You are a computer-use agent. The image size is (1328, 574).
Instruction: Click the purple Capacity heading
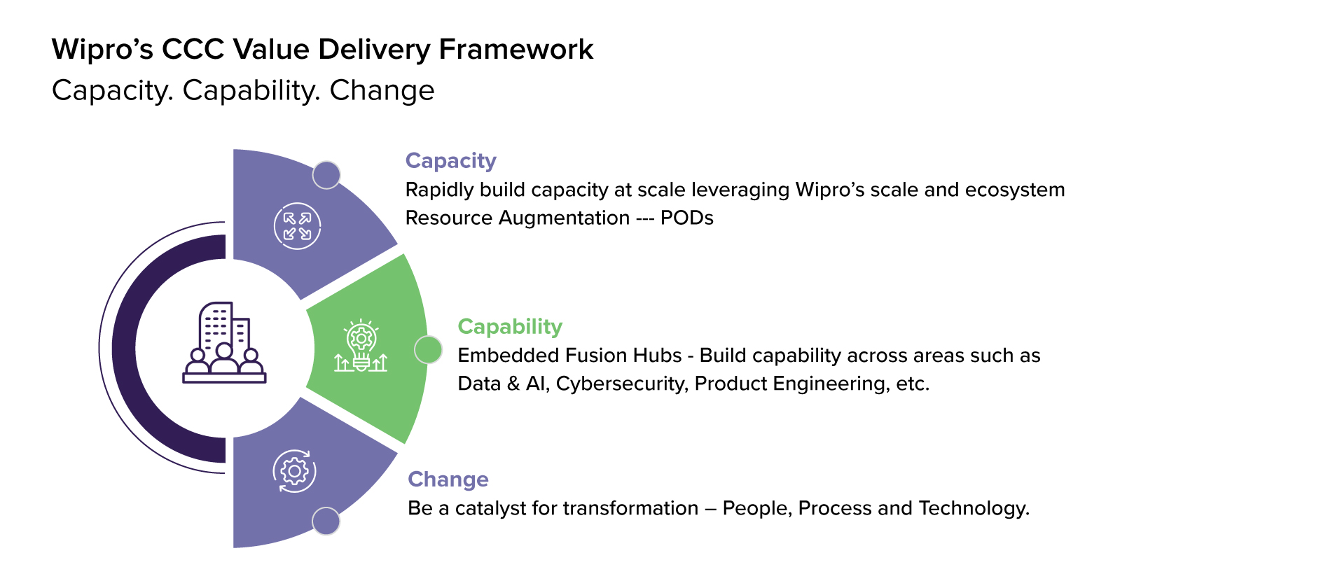point(451,161)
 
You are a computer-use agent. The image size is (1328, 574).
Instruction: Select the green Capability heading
point(510,327)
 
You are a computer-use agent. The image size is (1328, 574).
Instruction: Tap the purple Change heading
point(448,479)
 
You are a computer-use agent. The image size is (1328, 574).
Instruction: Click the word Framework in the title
point(516,50)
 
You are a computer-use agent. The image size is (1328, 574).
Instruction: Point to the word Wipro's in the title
point(102,50)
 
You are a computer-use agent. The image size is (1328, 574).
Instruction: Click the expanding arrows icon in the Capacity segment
point(297,226)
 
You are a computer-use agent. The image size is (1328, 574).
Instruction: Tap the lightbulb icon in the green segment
point(361,346)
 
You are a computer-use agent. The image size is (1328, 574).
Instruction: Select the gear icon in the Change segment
point(294,471)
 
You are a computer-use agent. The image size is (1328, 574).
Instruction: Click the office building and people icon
point(224,343)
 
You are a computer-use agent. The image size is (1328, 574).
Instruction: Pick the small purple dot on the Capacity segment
point(326,175)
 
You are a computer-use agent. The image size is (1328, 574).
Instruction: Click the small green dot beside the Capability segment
point(428,349)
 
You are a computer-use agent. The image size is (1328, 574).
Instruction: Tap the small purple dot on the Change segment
point(326,521)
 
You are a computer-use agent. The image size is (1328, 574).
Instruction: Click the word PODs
point(687,218)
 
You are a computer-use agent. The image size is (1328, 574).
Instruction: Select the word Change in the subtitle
point(382,91)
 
